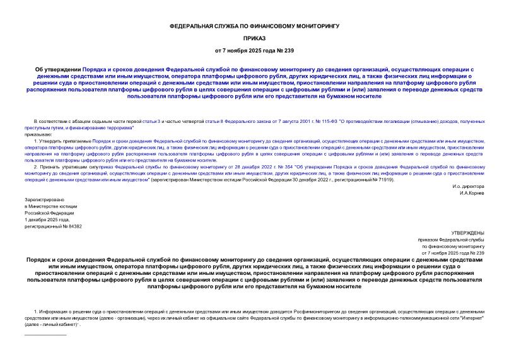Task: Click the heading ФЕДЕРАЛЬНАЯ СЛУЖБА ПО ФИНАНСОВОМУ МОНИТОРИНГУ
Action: pos(255,26)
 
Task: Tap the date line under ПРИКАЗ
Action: pos(255,50)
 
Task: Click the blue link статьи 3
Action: pos(153,120)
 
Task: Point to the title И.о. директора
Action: pos(468,187)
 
